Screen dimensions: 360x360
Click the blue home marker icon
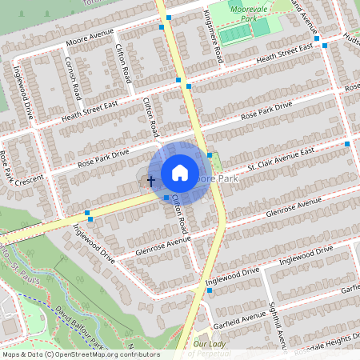click(180, 173)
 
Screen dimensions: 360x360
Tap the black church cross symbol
click(150, 182)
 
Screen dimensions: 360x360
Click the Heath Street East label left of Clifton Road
click(90, 112)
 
